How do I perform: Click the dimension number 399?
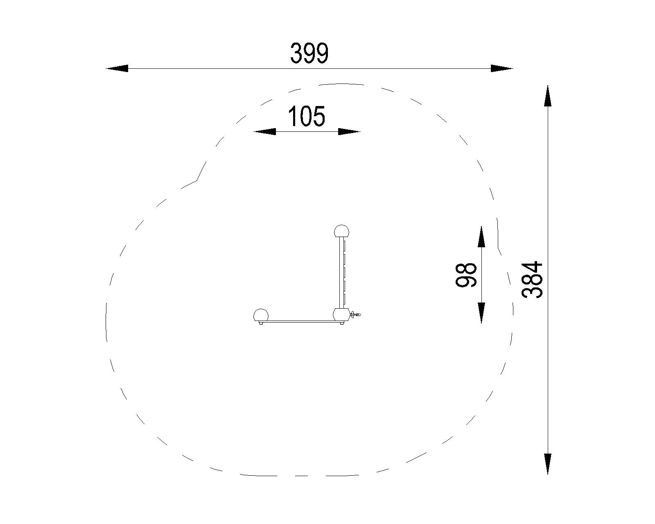pyautogui.click(x=309, y=53)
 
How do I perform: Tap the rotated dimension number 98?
pyautogui.click(x=466, y=275)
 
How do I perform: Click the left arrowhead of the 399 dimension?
pyautogui.click(x=117, y=68)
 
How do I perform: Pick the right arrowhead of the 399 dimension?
pyautogui.click(x=502, y=68)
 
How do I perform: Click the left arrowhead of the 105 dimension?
pyautogui.click(x=264, y=131)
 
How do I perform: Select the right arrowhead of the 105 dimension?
pyautogui.click(x=350, y=131)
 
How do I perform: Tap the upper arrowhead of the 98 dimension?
pyautogui.click(x=481, y=237)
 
